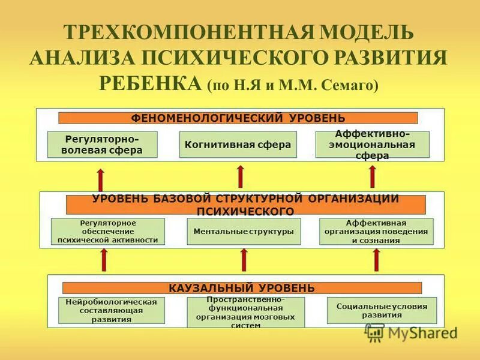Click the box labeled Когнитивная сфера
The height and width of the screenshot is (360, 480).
238,145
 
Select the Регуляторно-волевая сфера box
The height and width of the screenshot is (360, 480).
102,145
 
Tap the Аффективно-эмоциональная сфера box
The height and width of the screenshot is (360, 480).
373,145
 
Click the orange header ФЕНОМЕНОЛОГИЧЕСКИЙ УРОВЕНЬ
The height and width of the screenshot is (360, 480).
238,118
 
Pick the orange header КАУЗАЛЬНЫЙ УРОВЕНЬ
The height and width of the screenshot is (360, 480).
242,288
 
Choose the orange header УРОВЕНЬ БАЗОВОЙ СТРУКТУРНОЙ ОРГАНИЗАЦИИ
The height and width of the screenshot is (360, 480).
245,205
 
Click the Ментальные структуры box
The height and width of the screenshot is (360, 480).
244,231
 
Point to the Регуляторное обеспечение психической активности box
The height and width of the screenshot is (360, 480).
108,231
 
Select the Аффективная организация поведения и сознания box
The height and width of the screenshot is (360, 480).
376,231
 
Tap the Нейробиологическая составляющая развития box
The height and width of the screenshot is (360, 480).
112,311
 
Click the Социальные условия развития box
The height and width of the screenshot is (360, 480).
382,310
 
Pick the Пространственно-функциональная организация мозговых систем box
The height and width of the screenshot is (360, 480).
245,312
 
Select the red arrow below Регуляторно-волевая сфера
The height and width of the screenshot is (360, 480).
101,179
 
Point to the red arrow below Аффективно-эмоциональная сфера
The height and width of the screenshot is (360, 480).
373,176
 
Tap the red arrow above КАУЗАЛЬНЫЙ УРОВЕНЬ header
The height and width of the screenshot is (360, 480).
244,260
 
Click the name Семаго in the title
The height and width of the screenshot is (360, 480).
352,86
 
